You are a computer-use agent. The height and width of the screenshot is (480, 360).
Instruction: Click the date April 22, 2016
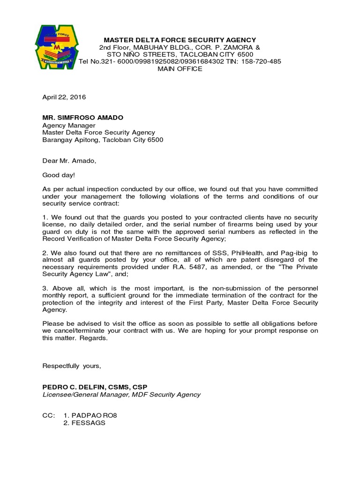point(64,97)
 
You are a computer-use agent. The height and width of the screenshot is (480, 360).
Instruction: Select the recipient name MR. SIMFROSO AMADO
point(80,118)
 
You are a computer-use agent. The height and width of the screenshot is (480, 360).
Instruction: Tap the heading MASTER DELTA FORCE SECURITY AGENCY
point(180,40)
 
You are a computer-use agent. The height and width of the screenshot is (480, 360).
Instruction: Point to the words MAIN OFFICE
point(180,69)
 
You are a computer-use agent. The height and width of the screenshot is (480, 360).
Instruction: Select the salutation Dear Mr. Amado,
point(69,161)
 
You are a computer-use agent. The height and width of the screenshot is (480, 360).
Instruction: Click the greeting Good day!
point(58,175)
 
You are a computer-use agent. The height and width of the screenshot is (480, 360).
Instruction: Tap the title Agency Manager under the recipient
point(69,126)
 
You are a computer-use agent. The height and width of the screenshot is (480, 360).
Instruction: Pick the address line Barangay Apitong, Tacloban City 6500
point(103,140)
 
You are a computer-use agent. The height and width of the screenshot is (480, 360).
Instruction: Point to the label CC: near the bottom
point(48,415)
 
